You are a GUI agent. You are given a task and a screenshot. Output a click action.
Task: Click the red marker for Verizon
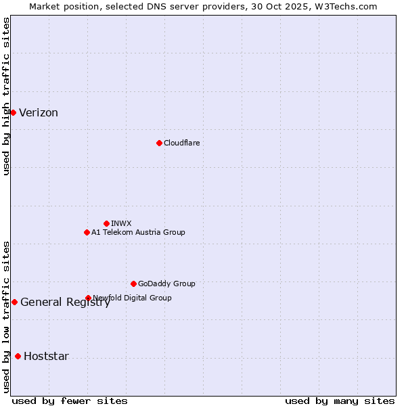coord(13,112)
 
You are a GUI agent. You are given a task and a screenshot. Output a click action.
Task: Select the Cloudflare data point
coord(159,143)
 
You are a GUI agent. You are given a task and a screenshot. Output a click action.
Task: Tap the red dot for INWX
coord(106,223)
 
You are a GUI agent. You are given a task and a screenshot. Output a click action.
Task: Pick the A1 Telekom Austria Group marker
coord(87,232)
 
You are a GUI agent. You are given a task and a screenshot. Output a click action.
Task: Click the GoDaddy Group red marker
coord(133,284)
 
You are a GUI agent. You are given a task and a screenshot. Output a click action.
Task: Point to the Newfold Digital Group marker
coord(88,298)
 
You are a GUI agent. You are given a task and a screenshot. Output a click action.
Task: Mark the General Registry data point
coord(14,302)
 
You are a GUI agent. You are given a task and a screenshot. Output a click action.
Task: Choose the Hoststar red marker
coord(18,356)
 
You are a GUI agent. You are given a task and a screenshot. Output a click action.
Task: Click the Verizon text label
coord(39,113)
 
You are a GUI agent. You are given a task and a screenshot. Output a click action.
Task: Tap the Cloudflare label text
coord(181,143)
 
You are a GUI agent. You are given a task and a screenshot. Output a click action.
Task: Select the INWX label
coord(121,223)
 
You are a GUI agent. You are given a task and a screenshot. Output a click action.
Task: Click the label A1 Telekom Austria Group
coord(138,232)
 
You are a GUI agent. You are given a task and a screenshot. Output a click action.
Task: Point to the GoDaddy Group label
coord(166,284)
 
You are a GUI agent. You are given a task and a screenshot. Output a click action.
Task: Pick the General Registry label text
coord(65,302)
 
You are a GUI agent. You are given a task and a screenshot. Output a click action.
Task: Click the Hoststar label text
coord(46,357)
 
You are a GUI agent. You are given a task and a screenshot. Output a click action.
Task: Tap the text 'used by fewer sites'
coord(70,401)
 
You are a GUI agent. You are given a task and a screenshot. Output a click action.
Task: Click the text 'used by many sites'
coord(340,401)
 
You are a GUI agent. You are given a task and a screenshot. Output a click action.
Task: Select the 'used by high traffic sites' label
coord(6,96)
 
